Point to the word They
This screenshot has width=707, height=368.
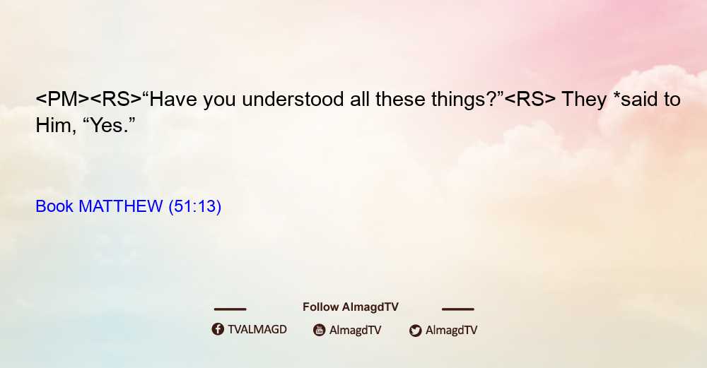584,100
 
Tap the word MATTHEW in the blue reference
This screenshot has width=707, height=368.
120,206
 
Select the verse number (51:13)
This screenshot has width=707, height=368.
195,207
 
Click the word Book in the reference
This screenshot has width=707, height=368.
54,206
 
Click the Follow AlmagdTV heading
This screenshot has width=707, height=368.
351,307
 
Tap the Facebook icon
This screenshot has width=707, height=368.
218,329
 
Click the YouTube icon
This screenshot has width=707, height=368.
320,330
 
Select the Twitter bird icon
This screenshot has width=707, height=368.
415,331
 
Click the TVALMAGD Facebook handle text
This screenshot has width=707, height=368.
257,330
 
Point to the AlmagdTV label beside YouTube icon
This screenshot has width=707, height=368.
356,330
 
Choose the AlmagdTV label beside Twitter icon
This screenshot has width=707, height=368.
451,330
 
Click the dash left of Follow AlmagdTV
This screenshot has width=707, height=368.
230,309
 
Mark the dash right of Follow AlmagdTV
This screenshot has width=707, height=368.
458,309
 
